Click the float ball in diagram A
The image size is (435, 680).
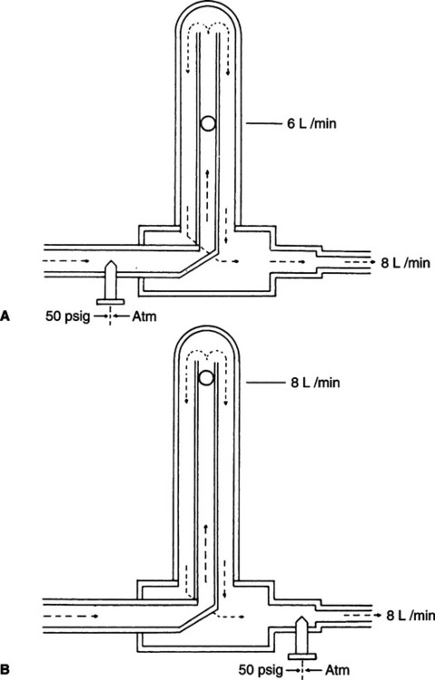coord(208,124)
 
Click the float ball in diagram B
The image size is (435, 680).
coord(205,378)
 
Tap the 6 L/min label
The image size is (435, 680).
coord(311,124)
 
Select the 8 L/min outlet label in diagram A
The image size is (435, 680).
coord(405,263)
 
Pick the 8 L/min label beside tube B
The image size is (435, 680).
coord(315,383)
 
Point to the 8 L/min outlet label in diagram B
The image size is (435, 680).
coord(410,616)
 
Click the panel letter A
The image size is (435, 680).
coord(5,316)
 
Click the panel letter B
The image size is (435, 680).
coord(5,670)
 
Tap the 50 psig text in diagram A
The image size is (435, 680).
coord(68,316)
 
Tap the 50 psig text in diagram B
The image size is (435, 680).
coord(262,670)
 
